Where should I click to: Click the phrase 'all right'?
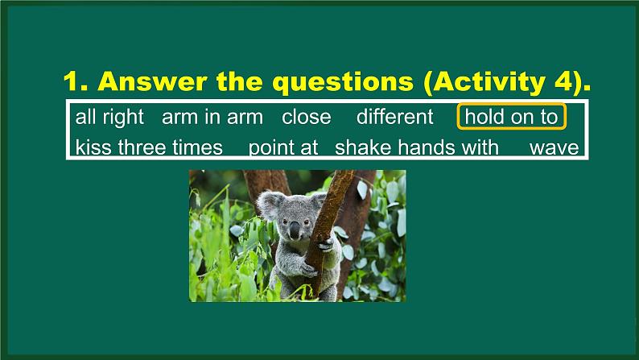click(109, 117)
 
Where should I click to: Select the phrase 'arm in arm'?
click(212, 117)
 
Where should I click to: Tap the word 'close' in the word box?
click(306, 117)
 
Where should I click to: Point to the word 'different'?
click(394, 117)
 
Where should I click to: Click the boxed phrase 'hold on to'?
click(511, 117)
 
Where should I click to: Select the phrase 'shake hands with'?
click(416, 147)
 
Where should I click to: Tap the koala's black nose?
click(295, 228)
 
